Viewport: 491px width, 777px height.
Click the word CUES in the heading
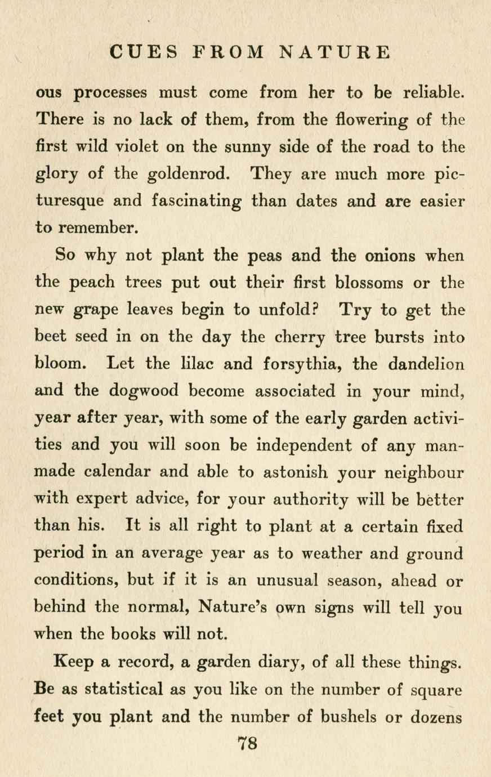(145, 52)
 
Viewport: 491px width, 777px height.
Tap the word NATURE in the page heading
(334, 52)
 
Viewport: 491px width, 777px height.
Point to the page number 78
(246, 743)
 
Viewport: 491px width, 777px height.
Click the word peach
(92, 283)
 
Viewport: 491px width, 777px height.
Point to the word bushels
(349, 717)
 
